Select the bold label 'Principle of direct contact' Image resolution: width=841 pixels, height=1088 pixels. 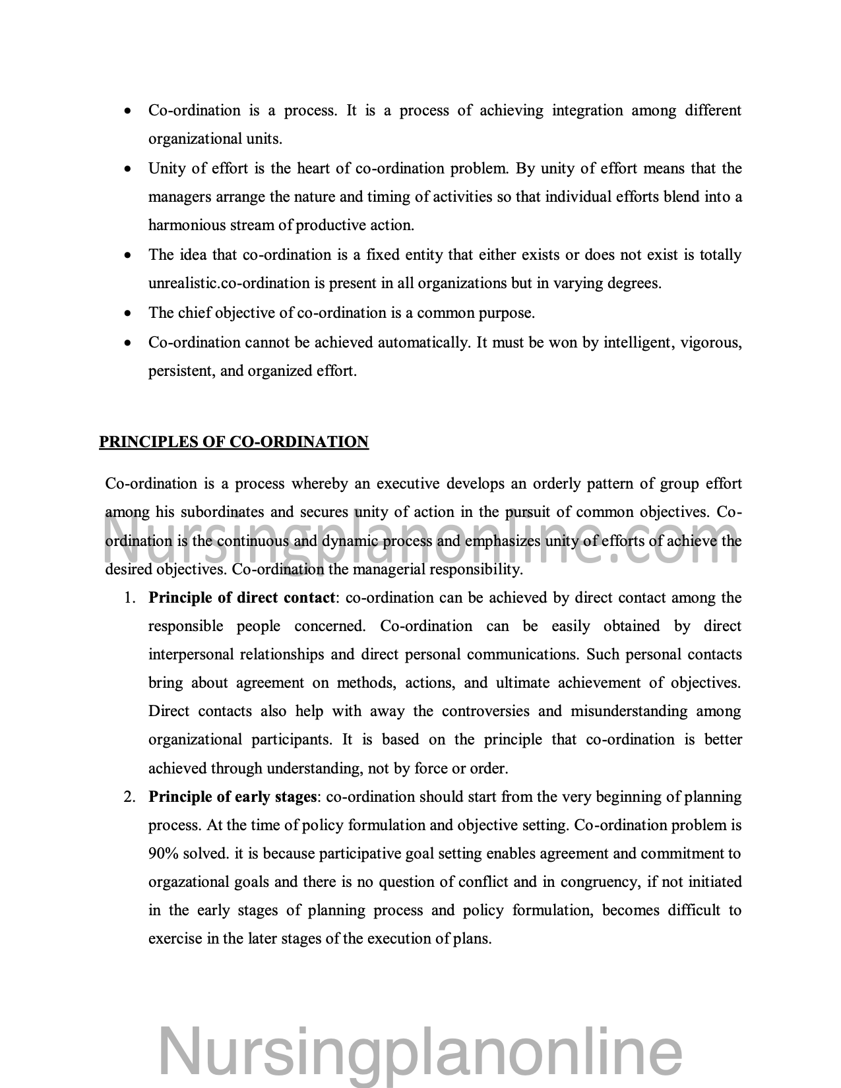tap(241, 598)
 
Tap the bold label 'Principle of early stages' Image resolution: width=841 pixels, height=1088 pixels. tap(233, 797)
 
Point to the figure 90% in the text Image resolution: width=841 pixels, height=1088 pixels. tap(164, 854)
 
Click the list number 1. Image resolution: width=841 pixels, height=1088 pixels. tap(130, 598)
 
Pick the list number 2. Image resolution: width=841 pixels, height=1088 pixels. tap(130, 797)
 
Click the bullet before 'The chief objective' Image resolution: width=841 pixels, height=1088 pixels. tap(128, 313)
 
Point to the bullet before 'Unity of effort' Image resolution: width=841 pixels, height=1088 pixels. tap(128, 169)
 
